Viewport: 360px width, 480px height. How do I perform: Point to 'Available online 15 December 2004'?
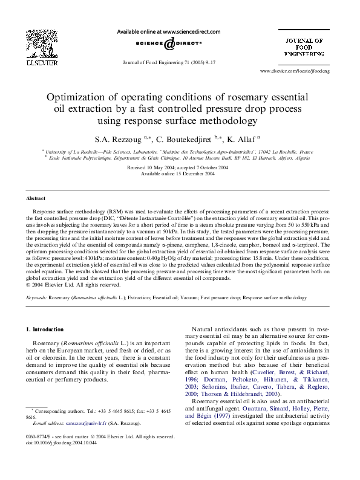177,174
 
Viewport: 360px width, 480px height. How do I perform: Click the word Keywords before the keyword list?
38,298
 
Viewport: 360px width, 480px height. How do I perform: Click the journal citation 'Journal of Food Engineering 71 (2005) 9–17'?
169,62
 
